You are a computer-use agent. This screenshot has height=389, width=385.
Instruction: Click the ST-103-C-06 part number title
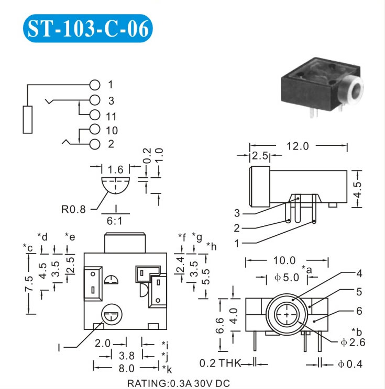point(88,29)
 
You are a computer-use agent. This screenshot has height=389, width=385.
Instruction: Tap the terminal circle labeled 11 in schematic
point(95,115)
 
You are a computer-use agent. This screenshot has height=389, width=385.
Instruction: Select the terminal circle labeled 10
point(95,129)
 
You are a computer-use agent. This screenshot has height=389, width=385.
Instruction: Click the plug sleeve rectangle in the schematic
point(28,120)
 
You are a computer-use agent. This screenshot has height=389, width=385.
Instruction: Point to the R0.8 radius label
point(73,209)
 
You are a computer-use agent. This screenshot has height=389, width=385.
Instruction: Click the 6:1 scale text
point(115,221)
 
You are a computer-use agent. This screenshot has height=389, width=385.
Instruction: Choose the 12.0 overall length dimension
point(298,146)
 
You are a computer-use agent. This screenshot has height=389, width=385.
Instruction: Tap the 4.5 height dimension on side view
point(358,190)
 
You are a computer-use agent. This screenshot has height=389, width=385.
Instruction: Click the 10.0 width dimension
point(284,260)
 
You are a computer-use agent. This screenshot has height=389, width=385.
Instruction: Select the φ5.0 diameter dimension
point(287,277)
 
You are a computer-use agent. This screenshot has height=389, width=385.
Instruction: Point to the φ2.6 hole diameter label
point(353,342)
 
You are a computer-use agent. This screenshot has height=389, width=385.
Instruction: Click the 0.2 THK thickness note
point(220,363)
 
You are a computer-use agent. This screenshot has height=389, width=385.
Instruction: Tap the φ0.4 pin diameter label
point(350,364)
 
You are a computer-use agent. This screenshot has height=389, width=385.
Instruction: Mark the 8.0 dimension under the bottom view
point(127,369)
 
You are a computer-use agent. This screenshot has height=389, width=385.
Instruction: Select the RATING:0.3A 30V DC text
point(179,384)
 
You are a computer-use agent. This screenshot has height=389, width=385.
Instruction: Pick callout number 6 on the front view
point(359,311)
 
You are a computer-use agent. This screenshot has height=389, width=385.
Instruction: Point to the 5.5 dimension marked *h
point(206,277)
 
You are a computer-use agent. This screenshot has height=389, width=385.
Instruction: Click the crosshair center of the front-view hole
point(287,315)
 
